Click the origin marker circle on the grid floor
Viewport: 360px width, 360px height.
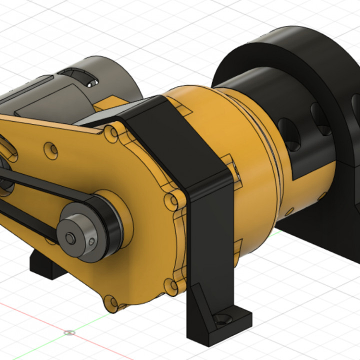point(68,332)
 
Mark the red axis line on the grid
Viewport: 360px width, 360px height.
point(30,315)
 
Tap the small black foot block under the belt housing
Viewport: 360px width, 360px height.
point(47,265)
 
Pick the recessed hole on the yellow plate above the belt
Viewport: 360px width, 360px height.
point(50,149)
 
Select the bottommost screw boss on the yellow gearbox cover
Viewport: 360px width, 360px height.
point(110,301)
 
